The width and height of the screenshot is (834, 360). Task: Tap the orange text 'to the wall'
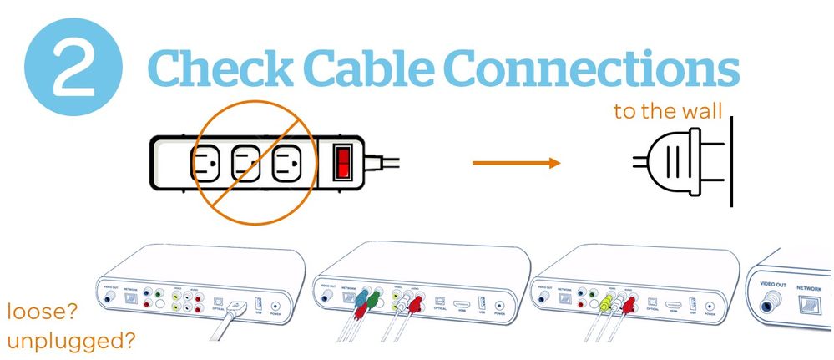667,112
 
